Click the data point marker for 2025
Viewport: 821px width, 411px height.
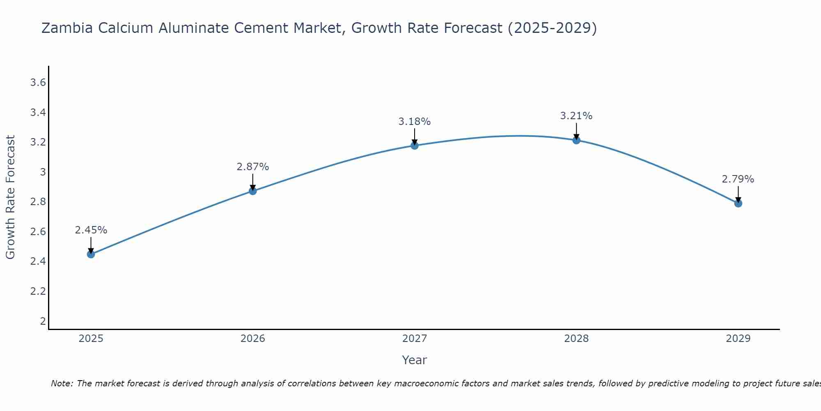(91, 254)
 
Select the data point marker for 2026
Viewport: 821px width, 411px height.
(252, 191)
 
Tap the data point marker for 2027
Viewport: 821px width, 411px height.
(414, 145)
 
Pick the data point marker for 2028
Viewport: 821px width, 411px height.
(576, 141)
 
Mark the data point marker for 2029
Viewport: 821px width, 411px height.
(738, 203)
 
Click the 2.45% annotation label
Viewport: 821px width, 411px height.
(91, 230)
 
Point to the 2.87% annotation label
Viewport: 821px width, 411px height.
(252, 167)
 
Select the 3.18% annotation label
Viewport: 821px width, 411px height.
(414, 122)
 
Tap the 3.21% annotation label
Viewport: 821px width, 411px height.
(576, 116)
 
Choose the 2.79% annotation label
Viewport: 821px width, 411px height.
(738, 179)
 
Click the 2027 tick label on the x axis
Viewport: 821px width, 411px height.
(414, 339)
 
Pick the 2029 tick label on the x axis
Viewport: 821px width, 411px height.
(738, 339)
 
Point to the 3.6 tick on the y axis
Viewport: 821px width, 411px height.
(38, 83)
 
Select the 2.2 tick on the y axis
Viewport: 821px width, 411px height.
(38, 291)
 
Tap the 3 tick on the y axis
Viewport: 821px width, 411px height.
(43, 172)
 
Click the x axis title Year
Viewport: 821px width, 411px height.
(414, 360)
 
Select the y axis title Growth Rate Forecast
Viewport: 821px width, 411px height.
(11, 197)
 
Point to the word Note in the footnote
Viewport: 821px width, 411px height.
(62, 383)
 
